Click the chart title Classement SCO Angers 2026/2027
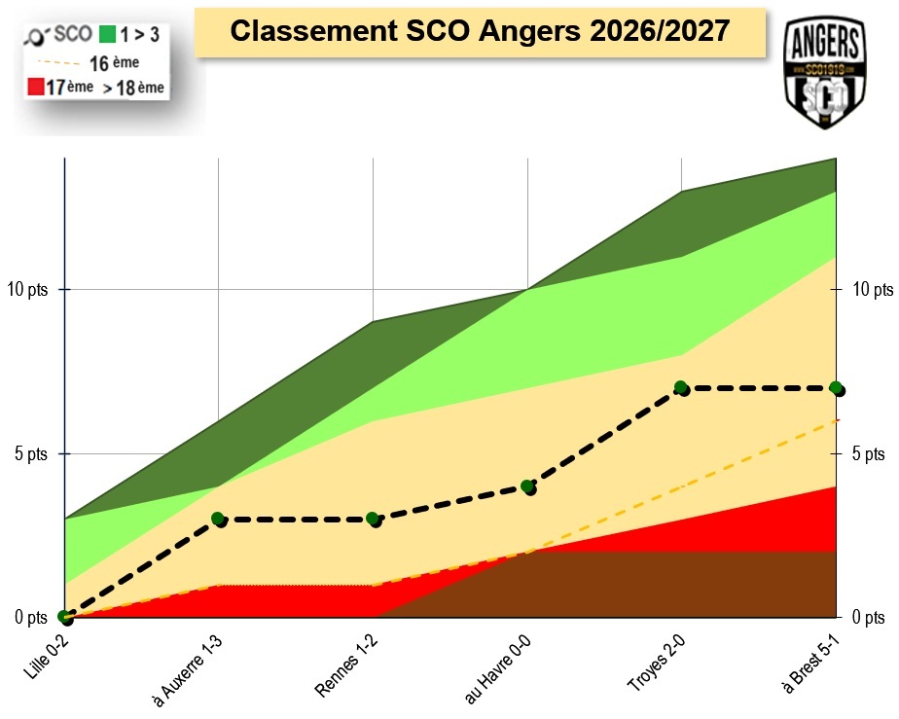pyautogui.click(x=480, y=31)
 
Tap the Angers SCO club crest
pyautogui.click(x=825, y=72)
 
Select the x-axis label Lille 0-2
pyautogui.click(x=47, y=658)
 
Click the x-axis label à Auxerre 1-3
pyautogui.click(x=187, y=670)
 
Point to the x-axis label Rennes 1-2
pyautogui.click(x=346, y=665)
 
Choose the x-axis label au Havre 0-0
pyautogui.click(x=497, y=669)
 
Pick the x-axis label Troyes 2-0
pyautogui.click(x=657, y=664)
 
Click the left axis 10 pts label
pyautogui.click(x=27, y=289)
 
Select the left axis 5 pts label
pyautogui.click(x=31, y=454)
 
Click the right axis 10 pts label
pyautogui.click(x=873, y=289)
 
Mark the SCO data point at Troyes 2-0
pyautogui.click(x=681, y=388)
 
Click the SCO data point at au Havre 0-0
pyautogui.click(x=528, y=487)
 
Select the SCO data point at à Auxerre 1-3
pyautogui.click(x=219, y=520)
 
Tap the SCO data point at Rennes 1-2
pyautogui.click(x=374, y=520)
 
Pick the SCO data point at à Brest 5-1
pyautogui.click(x=837, y=389)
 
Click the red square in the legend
pyautogui.click(x=36, y=87)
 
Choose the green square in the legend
pyautogui.click(x=107, y=34)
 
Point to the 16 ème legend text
pyautogui.click(x=114, y=62)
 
